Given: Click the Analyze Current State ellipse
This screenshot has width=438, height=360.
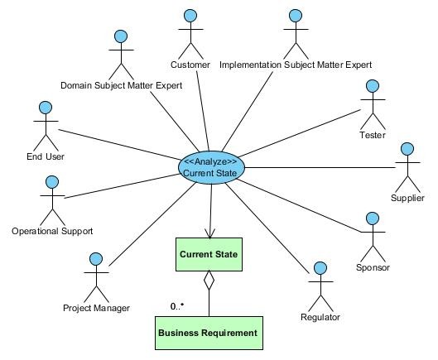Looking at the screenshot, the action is tap(211, 167).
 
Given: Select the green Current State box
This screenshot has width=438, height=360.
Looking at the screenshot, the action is tap(209, 254).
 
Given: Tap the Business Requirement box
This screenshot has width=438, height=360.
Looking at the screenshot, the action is tap(209, 333).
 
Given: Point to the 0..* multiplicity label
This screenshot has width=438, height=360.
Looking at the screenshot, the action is tap(177, 306).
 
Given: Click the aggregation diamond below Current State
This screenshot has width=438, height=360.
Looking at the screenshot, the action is tap(209, 280).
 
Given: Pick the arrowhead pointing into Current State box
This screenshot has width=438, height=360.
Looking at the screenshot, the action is tap(209, 233).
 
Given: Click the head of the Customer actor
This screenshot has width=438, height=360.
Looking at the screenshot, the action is tap(190, 16).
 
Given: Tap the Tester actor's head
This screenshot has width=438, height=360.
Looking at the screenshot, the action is tap(373, 86).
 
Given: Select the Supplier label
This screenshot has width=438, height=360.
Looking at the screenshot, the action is tap(407, 198).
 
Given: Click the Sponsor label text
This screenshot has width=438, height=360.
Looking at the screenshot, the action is tap(373, 267).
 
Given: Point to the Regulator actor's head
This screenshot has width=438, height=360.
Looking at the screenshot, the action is tap(320, 268).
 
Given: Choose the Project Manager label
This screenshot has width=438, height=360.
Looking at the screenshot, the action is tap(96, 308).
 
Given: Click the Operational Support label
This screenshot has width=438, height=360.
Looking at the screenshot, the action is tap(52, 231).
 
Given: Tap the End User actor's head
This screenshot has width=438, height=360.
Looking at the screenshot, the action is tap(46, 108).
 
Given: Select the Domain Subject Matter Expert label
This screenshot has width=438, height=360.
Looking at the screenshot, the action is tap(121, 85).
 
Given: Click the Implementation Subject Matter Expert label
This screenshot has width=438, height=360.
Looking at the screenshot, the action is tap(296, 65).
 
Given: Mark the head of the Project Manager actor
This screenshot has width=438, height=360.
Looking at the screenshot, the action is tap(96, 259).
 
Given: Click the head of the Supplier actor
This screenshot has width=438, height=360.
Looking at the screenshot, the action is tap(407, 149).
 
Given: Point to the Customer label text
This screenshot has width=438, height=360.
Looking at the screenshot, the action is tap(190, 65).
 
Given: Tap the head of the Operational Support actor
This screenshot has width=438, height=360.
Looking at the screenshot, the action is tap(52, 182).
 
